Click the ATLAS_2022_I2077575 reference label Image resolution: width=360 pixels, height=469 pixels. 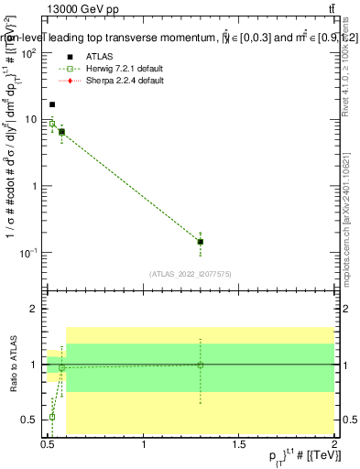[x=189, y=273]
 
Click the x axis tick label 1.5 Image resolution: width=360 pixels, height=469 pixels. [x=238, y=445]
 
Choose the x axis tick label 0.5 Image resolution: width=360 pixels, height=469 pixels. [x=49, y=445]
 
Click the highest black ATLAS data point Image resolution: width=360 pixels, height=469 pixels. [x=52, y=104]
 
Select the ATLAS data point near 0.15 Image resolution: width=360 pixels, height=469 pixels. [x=201, y=242]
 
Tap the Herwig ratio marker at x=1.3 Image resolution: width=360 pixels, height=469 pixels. [x=201, y=365]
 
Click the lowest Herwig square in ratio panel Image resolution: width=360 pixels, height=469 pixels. [x=52, y=417]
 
